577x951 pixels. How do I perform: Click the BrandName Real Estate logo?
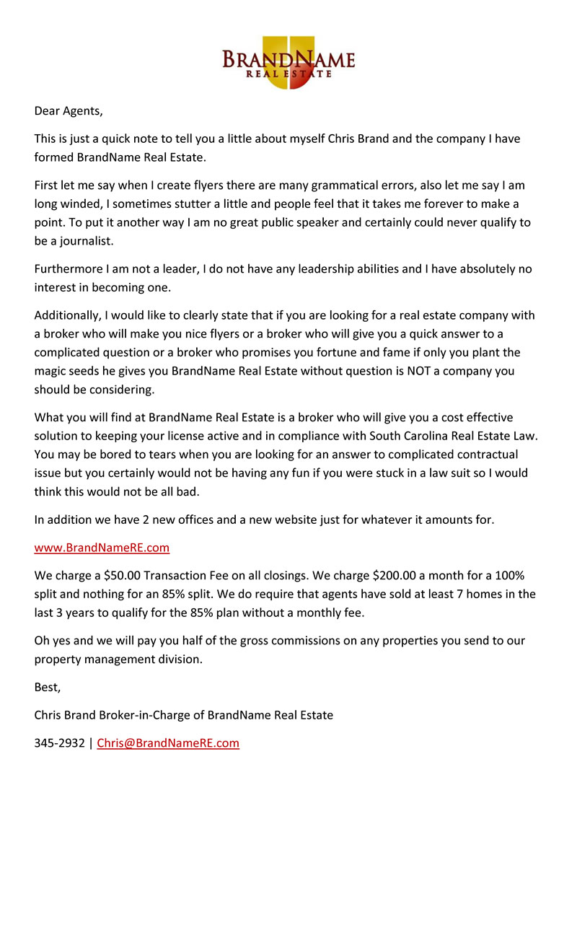tap(288, 62)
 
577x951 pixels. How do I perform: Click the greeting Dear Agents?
tap(69, 111)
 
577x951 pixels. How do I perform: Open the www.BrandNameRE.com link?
tap(102, 548)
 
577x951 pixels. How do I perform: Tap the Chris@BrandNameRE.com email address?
tap(168, 743)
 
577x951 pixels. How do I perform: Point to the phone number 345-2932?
tap(59, 743)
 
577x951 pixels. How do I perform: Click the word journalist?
tap(82, 240)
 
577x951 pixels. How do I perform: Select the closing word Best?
tap(47, 688)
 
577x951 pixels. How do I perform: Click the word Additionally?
tap(71, 315)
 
